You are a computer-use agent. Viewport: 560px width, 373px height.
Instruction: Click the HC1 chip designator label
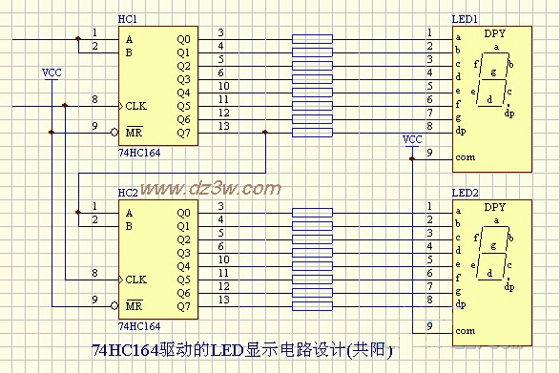(x=127, y=19)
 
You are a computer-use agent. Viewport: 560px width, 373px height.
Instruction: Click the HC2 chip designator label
(x=127, y=192)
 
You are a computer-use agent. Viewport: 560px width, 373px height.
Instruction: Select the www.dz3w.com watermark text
(x=210, y=188)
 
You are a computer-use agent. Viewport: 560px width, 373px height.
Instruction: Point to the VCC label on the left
(x=52, y=73)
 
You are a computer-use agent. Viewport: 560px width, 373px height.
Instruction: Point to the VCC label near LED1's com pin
(x=412, y=139)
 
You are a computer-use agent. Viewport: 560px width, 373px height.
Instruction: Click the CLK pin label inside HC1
(x=135, y=105)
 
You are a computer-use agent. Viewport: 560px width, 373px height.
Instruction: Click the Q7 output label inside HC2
(x=183, y=306)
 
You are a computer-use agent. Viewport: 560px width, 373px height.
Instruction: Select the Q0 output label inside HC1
(x=183, y=39)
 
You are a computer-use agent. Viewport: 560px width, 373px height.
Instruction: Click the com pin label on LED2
(x=465, y=330)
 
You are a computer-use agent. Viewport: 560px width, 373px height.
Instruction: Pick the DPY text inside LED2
(x=495, y=206)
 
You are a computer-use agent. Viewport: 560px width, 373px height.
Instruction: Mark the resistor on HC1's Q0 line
(x=312, y=39)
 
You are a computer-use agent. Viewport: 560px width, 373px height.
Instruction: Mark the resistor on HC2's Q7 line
(x=312, y=306)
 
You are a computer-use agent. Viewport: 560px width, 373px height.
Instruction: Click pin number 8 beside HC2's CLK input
(x=94, y=273)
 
